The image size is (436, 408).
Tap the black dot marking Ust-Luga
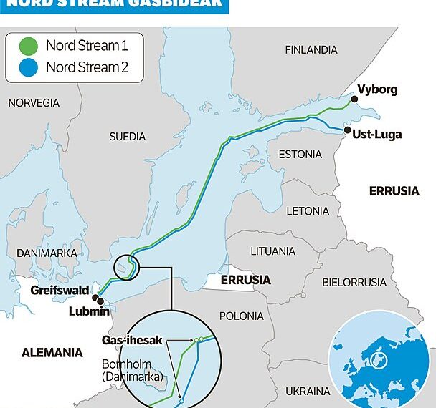(x=347, y=131)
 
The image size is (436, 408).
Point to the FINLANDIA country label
(x=311, y=50)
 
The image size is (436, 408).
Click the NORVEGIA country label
(x=34, y=103)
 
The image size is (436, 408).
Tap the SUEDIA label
(x=127, y=136)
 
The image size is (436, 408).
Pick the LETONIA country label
(x=308, y=212)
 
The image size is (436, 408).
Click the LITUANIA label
(x=272, y=251)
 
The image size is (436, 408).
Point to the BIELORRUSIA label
(x=354, y=282)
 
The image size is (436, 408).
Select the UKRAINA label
(x=308, y=391)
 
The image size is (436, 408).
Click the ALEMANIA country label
(x=52, y=353)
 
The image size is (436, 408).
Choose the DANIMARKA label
(x=40, y=253)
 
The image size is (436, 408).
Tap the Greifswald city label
(x=59, y=291)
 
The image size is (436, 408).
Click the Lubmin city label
(x=89, y=312)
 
